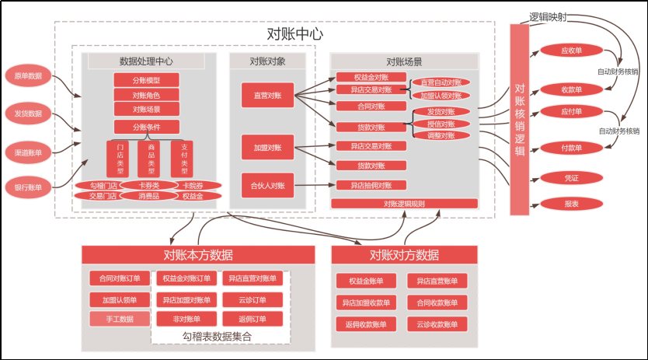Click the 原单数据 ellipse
(x=28, y=76)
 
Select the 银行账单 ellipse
(x=28, y=187)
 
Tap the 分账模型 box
(x=146, y=80)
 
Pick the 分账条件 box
(x=146, y=127)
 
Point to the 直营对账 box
(x=267, y=96)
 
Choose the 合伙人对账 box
(x=267, y=185)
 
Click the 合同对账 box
(x=370, y=106)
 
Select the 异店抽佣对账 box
(x=370, y=185)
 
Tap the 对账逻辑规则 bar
(x=404, y=204)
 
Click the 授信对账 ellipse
(x=440, y=124)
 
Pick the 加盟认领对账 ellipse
(x=441, y=95)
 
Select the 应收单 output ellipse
(x=571, y=51)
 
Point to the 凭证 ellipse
(x=571, y=178)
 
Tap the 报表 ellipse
(x=571, y=204)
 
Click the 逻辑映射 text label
(x=548, y=16)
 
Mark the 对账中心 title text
(x=294, y=34)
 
